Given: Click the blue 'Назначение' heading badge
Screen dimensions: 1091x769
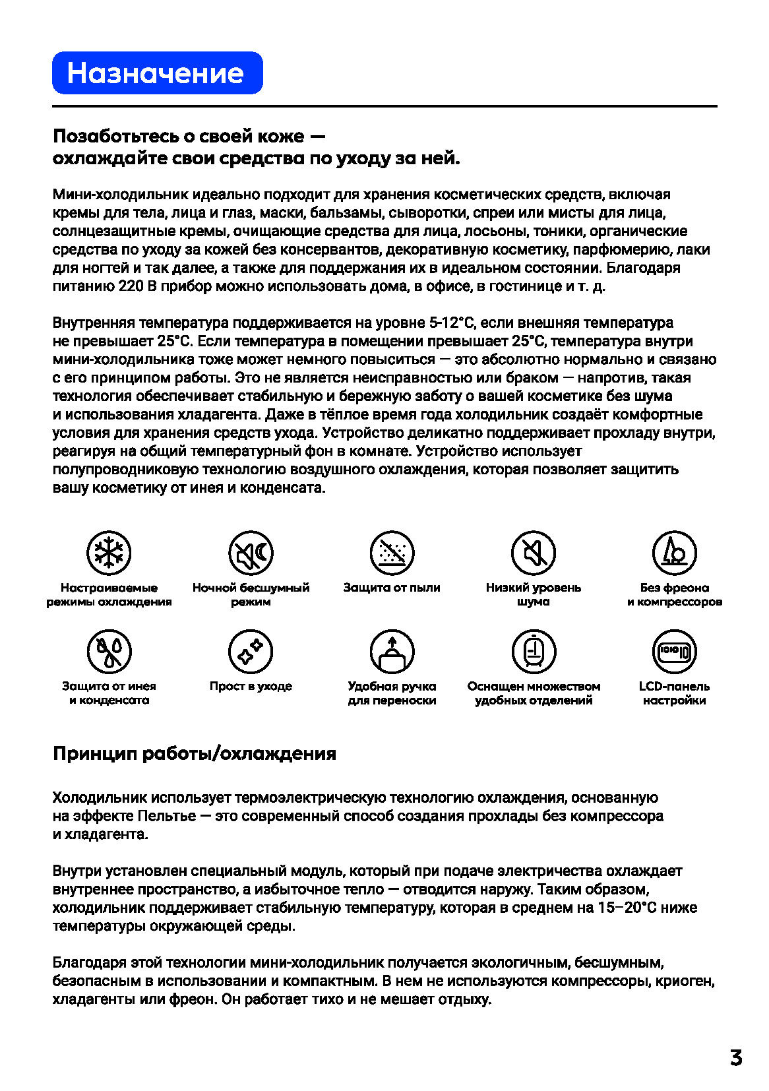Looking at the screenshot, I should [x=157, y=73].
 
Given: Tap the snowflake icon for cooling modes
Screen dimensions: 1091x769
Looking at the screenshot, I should [x=109, y=553].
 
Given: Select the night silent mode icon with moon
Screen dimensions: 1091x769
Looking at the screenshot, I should [x=251, y=553].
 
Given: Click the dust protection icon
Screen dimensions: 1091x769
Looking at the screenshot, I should [x=392, y=553].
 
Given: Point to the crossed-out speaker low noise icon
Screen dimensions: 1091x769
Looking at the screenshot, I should [x=534, y=553].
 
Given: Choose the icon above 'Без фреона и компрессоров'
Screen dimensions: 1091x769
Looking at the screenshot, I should [x=674, y=553].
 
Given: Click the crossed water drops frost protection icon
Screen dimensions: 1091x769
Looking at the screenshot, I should [x=109, y=652].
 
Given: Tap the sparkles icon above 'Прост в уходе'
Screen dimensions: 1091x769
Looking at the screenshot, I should [x=251, y=652].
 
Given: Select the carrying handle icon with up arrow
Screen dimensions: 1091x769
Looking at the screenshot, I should [x=392, y=652].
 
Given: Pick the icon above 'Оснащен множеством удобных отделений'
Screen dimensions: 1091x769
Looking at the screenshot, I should [x=534, y=652].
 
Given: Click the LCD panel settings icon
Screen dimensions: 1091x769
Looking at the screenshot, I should [x=674, y=652].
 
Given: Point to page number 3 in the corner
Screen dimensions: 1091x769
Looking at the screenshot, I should [x=736, y=1058].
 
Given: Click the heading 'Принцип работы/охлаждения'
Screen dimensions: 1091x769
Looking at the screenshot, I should [x=195, y=753].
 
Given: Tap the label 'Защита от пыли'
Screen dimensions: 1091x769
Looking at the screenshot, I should [x=392, y=588].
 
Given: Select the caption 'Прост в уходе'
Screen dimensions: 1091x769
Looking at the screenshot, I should [x=251, y=686].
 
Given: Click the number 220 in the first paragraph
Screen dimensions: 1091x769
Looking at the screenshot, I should [x=131, y=286].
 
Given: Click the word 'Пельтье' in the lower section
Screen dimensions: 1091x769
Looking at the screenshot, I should [x=167, y=816].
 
